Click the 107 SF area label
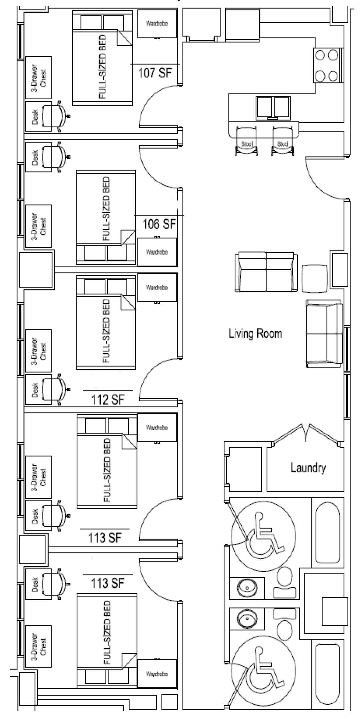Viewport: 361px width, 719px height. (x=155, y=73)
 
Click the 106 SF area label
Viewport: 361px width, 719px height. (x=159, y=224)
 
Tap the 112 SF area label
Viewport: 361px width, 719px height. (x=108, y=400)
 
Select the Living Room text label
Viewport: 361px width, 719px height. (x=255, y=333)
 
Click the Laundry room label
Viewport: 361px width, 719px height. (x=308, y=467)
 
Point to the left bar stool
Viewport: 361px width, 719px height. (x=247, y=141)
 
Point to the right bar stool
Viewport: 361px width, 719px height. (x=283, y=141)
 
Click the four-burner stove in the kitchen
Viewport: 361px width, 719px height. (x=327, y=65)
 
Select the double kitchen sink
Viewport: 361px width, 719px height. (x=273, y=107)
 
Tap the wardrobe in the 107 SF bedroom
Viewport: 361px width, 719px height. (x=157, y=24)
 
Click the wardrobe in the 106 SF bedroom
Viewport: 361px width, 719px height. (x=157, y=252)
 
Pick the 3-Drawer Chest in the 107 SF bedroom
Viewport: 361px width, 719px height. (x=38, y=78)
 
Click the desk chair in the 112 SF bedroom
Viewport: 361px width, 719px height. (x=55, y=389)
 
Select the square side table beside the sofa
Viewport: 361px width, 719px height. (x=315, y=278)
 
